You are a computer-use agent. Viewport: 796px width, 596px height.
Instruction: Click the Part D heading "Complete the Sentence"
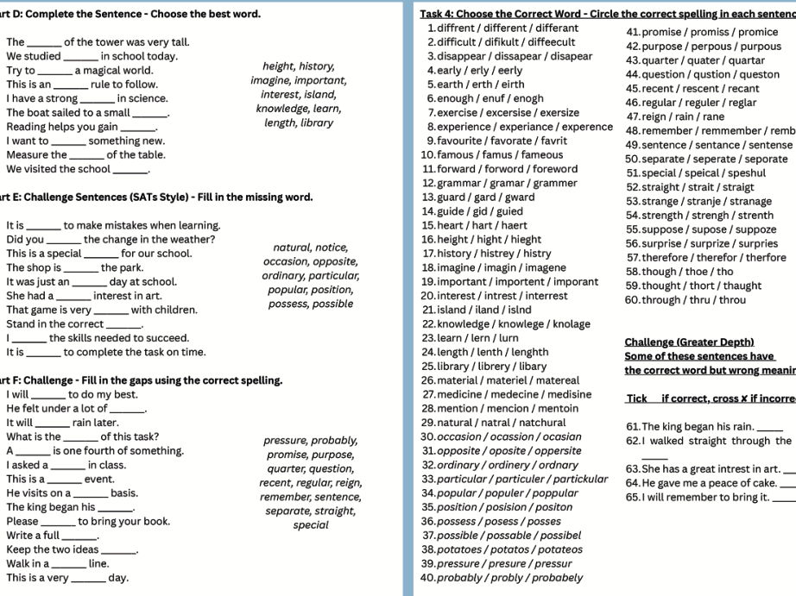[x=130, y=14]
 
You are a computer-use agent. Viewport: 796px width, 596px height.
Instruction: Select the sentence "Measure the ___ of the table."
[x=85, y=155]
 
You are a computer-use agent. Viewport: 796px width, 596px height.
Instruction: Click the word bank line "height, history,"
[x=299, y=66]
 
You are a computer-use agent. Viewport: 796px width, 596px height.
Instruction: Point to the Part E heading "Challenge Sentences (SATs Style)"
[x=155, y=198]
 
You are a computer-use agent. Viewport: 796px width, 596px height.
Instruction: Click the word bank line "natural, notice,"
[x=310, y=248]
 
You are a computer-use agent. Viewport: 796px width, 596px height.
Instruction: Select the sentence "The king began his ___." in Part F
[x=70, y=507]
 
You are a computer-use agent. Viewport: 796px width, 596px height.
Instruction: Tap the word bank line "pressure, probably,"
[x=310, y=441]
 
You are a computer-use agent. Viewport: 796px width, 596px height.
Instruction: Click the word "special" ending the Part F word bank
[x=310, y=525]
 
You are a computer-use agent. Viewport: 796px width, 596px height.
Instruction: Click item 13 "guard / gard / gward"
[x=484, y=198]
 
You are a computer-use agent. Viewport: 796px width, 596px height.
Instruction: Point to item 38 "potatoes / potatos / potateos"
[x=502, y=549]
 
